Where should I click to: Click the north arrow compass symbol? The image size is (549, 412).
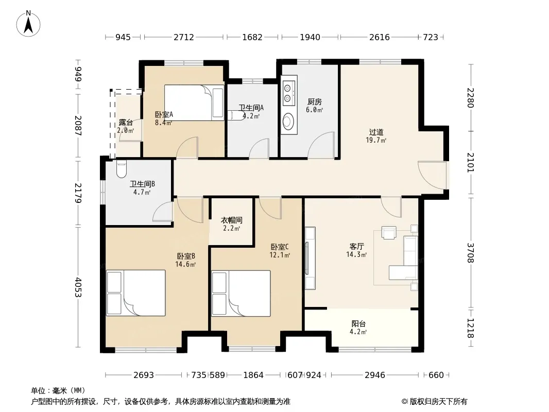28,24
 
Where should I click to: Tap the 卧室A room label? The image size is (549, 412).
164,114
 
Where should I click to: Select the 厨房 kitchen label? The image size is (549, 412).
315,101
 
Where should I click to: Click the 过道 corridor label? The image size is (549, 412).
376,132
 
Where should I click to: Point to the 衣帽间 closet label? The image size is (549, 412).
231,220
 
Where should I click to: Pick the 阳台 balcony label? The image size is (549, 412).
358,324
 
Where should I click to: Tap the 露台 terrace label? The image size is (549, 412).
126,122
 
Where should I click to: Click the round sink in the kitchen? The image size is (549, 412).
288,121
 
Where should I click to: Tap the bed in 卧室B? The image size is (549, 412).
136,293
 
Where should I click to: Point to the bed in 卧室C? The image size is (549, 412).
241,294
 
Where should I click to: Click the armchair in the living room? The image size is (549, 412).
389,232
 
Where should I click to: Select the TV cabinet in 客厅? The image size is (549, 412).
310,258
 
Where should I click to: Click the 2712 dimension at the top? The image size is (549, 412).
184,37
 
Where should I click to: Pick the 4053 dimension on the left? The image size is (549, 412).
78,287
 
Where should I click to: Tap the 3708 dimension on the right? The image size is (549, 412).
470,253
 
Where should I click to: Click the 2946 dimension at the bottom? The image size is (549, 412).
374,375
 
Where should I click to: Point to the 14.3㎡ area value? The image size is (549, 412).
356,254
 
